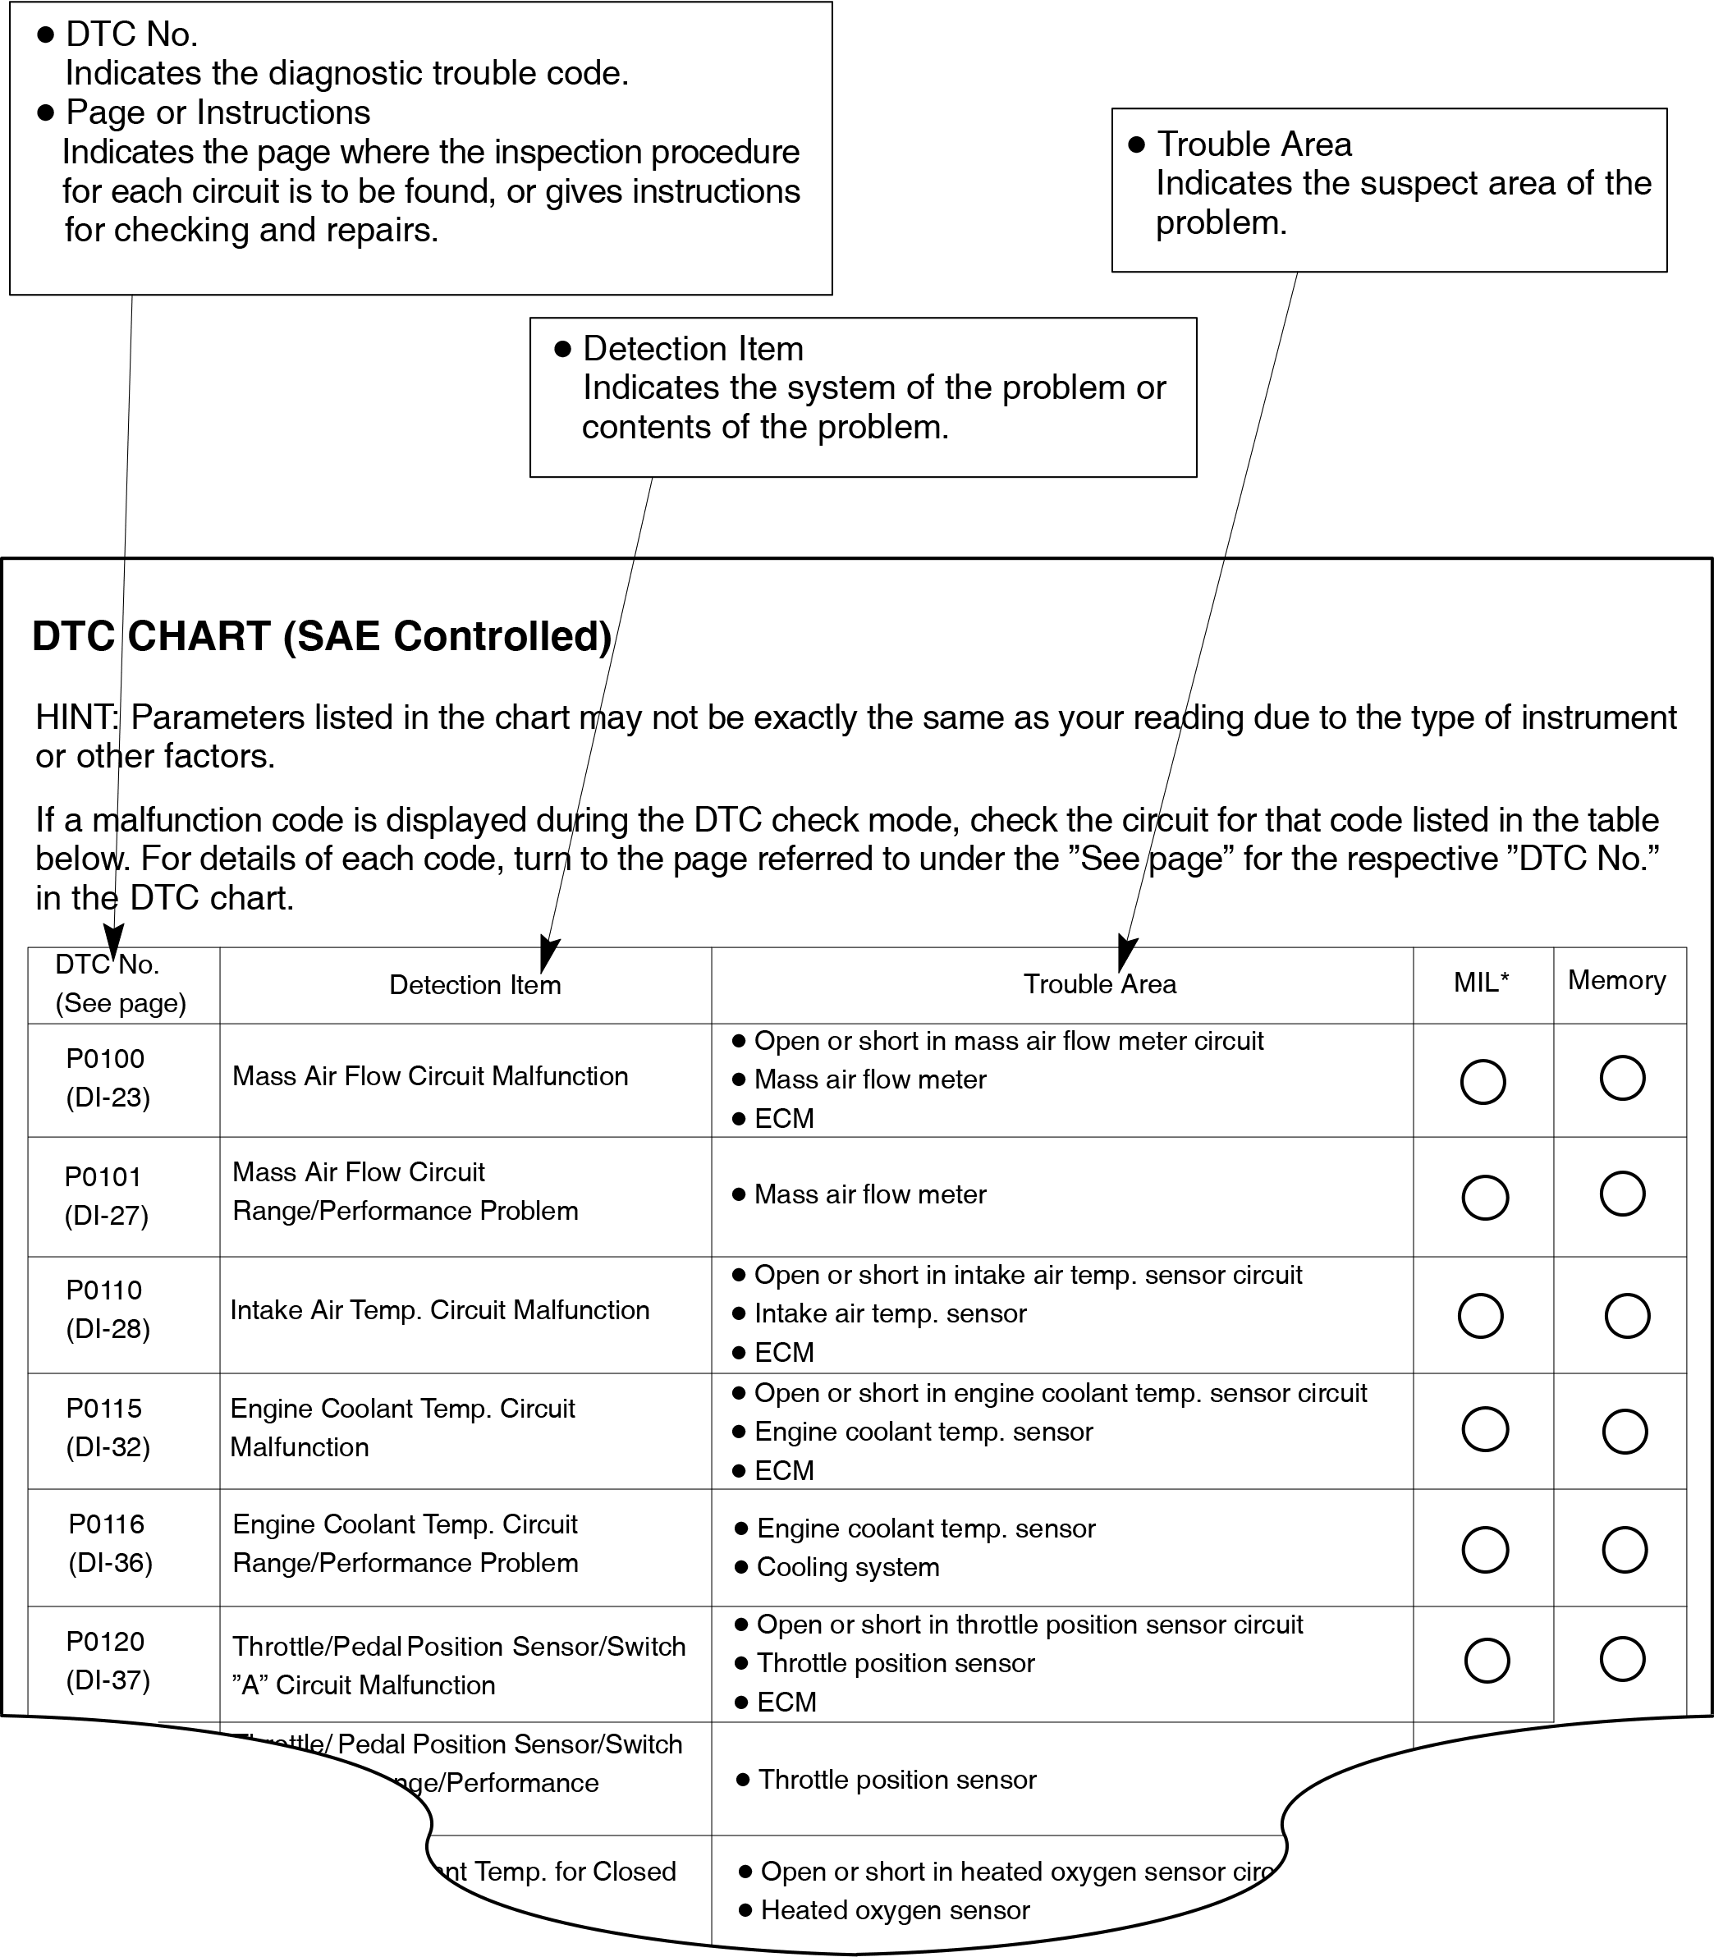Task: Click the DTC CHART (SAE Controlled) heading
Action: click(x=322, y=637)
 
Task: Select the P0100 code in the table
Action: click(x=105, y=1059)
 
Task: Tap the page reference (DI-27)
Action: click(x=106, y=1216)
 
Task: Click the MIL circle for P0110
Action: click(x=1480, y=1316)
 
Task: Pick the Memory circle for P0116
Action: click(x=1624, y=1550)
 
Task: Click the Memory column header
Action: click(x=1616, y=980)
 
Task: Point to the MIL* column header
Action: click(x=1481, y=983)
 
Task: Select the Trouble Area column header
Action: click(x=1099, y=984)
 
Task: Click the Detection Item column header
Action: click(x=474, y=985)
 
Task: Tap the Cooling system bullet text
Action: click(x=847, y=1567)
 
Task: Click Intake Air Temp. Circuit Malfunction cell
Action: click(x=440, y=1310)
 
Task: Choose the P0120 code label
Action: click(x=105, y=1641)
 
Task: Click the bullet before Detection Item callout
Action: click(x=562, y=349)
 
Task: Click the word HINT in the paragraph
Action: click(x=76, y=717)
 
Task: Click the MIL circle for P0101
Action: click(x=1486, y=1198)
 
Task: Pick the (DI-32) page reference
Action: click(x=108, y=1447)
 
